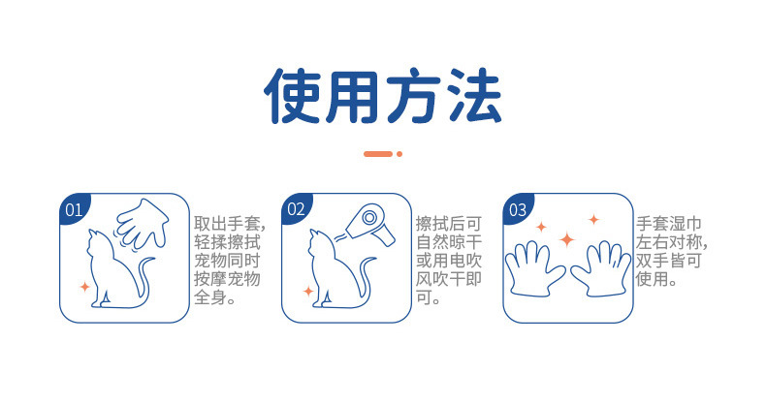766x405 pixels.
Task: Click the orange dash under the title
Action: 377,154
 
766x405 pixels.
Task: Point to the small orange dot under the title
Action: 399,154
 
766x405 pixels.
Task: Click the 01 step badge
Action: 72,208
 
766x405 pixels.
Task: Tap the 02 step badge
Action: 295,208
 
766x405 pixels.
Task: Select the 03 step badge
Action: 517,208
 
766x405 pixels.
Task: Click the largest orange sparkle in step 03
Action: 567,238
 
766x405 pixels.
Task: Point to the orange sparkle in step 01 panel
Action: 85,288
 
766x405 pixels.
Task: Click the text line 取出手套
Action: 229,222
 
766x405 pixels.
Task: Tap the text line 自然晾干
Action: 450,241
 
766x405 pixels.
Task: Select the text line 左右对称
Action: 670,241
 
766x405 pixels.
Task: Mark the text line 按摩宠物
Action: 229,280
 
